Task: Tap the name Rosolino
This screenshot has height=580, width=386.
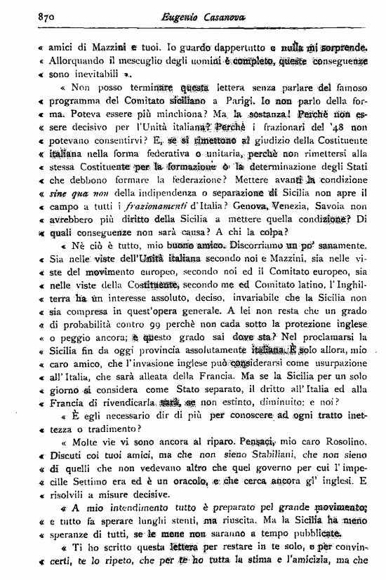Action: click(x=347, y=443)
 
